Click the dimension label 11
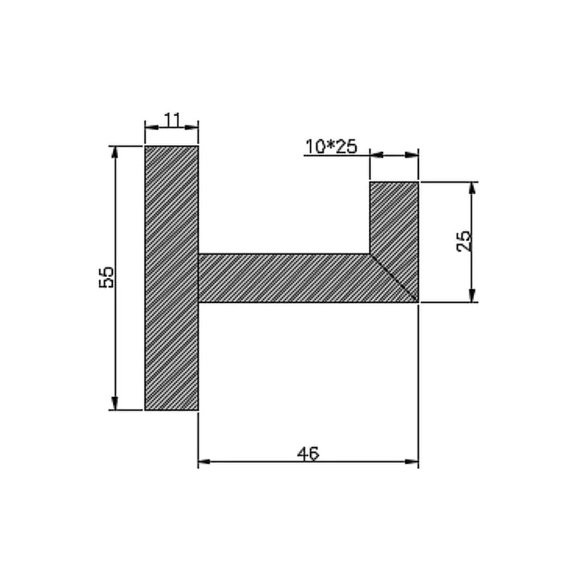click(172, 120)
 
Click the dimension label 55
click(106, 277)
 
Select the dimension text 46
click(308, 453)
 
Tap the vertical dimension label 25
click(464, 241)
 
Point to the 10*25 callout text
click(332, 146)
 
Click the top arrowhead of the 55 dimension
click(115, 153)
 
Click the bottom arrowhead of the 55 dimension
click(115, 403)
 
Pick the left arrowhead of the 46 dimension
click(205, 462)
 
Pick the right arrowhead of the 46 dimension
click(412, 462)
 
